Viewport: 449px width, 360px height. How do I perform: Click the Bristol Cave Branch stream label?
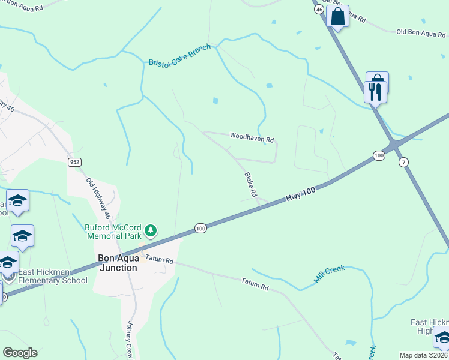pyautogui.click(x=179, y=55)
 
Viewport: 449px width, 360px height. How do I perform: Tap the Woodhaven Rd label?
pyautogui.click(x=252, y=137)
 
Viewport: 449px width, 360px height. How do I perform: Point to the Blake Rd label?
pyautogui.click(x=250, y=185)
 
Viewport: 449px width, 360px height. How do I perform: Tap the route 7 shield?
pyautogui.click(x=403, y=162)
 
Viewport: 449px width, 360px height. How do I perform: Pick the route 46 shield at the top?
pyautogui.click(x=319, y=10)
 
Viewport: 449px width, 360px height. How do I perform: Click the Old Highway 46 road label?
pyautogui.click(x=98, y=197)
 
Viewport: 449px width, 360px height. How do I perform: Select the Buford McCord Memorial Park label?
pyautogui.click(x=112, y=232)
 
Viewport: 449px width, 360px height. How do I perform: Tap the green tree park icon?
pyautogui.click(x=151, y=230)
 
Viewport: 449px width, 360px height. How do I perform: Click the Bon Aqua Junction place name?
pyautogui.click(x=118, y=263)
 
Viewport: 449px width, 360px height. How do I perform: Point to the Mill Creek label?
pyautogui.click(x=330, y=274)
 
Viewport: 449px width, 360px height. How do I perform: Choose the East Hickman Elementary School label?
pyautogui.click(x=53, y=276)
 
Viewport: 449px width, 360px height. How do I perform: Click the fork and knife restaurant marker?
pyautogui.click(x=375, y=92)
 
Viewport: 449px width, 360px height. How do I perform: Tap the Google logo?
pyautogui.click(x=20, y=353)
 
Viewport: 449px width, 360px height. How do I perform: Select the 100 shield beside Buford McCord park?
pyautogui.click(x=200, y=228)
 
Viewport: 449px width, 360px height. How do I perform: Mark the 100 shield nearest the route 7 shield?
pyautogui.click(x=378, y=155)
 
